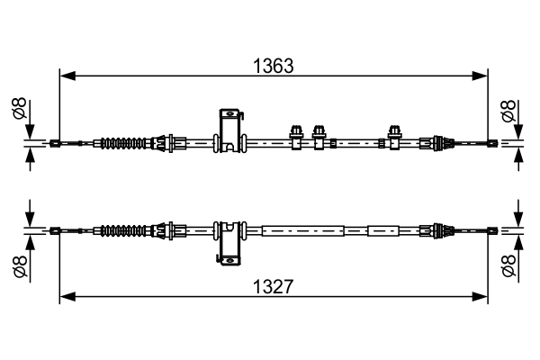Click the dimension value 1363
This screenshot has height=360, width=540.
[274, 66]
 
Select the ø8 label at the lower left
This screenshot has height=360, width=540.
[17, 265]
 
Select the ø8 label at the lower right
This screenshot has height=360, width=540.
[508, 265]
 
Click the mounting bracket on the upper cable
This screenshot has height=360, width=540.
[230, 130]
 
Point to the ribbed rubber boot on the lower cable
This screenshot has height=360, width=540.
[124, 231]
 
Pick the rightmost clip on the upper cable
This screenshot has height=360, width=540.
[393, 135]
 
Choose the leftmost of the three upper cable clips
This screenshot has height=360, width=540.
[295, 135]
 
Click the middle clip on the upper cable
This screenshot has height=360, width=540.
[318, 135]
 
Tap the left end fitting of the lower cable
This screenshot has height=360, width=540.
[57, 231]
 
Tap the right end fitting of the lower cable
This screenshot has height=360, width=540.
[491, 231]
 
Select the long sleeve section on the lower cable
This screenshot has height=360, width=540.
[302, 231]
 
